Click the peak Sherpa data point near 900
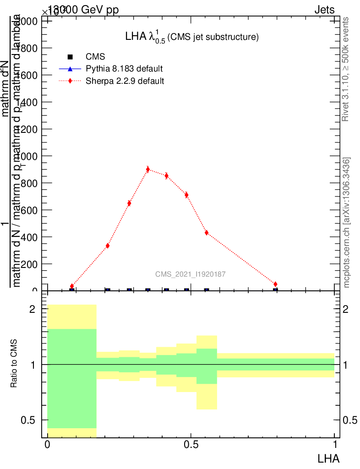coord(147,169)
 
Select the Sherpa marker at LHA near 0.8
coord(275,284)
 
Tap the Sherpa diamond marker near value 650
coord(129,203)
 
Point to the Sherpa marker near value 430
coord(207,233)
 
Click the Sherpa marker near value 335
coord(107,246)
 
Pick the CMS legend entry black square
coord(70,57)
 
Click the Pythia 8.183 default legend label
coord(124,69)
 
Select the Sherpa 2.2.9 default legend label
coord(125,81)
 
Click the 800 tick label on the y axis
coord(28,183)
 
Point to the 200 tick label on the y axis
coord(28,264)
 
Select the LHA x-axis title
coord(328,458)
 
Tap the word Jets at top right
coord(324,10)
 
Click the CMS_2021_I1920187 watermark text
coord(190,274)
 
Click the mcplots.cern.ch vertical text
coord(347,223)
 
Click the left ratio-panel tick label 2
coord(32,309)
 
